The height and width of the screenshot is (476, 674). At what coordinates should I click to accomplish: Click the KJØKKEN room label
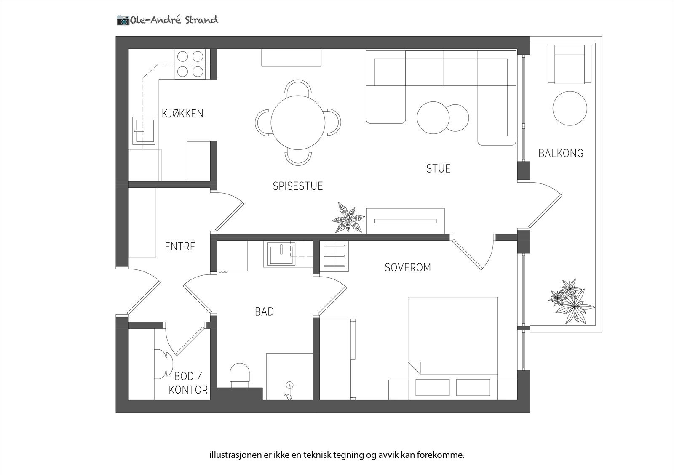[182, 113]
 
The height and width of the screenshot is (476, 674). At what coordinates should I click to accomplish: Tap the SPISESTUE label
[297, 186]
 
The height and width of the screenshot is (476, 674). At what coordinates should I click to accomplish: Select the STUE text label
[438, 168]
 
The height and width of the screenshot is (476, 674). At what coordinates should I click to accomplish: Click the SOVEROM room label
[407, 267]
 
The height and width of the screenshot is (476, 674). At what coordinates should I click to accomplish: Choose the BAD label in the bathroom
[264, 311]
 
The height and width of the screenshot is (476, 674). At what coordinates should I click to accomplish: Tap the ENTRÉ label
[180, 246]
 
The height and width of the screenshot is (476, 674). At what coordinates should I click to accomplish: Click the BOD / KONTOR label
[188, 383]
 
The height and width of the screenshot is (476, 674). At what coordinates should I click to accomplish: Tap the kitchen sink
[143, 130]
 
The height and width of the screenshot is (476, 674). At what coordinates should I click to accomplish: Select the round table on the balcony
[570, 108]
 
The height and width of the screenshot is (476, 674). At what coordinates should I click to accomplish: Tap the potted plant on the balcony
[571, 301]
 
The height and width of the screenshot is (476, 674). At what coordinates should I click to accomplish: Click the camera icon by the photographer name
[123, 20]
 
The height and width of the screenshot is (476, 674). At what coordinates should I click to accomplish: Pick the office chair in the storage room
[163, 363]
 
